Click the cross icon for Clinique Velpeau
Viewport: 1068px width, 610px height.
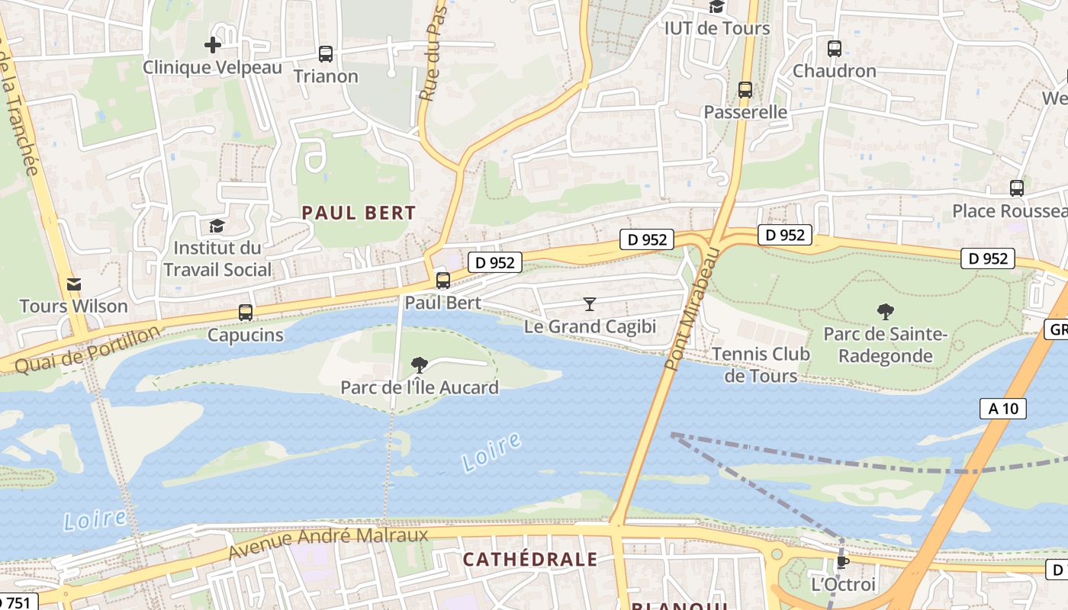213,45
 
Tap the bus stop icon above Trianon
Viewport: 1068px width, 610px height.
326,54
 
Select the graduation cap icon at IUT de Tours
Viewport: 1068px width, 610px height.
716,7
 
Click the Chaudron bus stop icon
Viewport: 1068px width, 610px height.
835,49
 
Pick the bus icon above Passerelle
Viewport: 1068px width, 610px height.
745,90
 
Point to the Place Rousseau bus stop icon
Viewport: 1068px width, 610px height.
1016,188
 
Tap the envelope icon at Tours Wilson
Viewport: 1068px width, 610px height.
73,284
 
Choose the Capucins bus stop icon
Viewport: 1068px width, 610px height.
245,313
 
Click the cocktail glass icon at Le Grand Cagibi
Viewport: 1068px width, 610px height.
589,304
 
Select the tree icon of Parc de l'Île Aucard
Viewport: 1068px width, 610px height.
419,365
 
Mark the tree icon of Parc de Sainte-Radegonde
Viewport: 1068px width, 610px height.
885,311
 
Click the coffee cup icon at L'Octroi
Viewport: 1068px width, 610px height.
842,563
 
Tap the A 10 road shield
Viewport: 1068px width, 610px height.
1003,409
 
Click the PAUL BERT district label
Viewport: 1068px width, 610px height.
359,213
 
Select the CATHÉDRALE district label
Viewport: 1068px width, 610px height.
530,560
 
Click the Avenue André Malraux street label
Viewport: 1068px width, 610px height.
329,544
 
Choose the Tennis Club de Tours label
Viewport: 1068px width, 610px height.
761,364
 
